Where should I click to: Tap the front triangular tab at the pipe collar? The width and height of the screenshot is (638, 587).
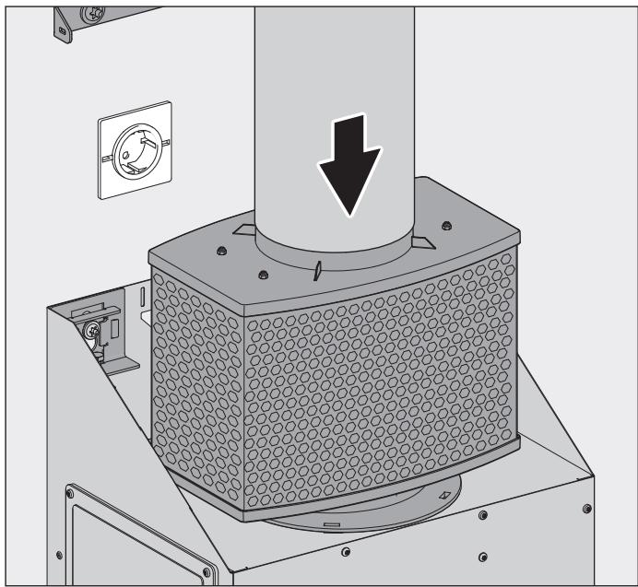[314, 270]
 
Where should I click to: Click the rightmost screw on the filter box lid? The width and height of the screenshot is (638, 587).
[445, 226]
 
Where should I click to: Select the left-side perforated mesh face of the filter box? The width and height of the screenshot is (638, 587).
[190, 355]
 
